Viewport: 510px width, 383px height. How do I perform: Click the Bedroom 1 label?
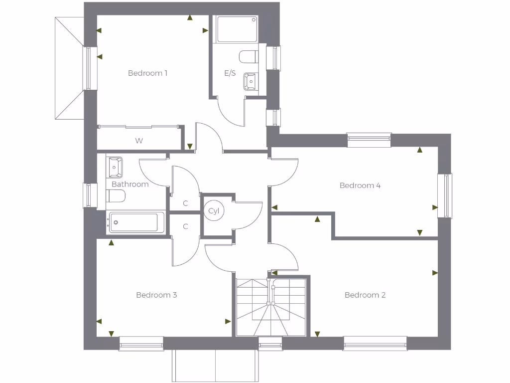(147, 73)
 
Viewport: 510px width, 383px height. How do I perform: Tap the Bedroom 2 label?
(365, 295)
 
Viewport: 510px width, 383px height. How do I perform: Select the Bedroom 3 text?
(156, 295)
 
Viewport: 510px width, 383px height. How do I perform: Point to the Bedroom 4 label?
(360, 186)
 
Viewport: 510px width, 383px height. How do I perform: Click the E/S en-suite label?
(230, 73)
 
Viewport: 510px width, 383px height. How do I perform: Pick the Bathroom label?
(130, 184)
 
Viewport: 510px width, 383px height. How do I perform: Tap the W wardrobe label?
(139, 141)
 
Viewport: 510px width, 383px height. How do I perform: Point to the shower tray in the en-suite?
(237, 29)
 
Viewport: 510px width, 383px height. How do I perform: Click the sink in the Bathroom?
(114, 167)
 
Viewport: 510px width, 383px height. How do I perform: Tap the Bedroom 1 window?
(90, 68)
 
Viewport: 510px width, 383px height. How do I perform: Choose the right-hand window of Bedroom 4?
(445, 196)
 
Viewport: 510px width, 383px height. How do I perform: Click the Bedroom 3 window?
(141, 343)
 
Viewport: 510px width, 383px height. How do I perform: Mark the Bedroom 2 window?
(375, 343)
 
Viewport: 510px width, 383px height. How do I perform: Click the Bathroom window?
(90, 195)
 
